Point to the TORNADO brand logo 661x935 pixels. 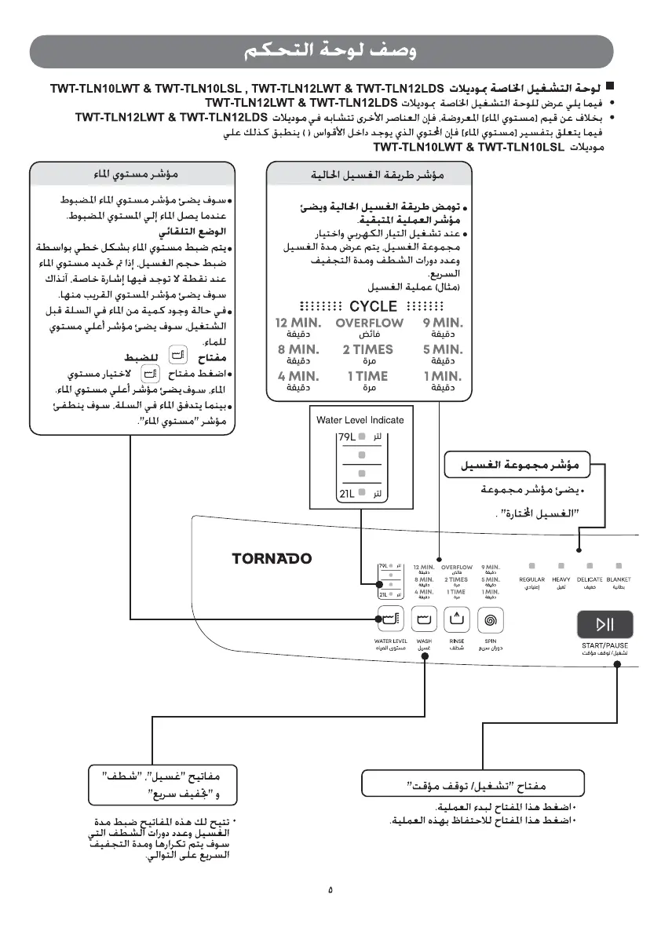tap(272, 559)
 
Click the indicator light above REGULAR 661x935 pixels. tap(531, 565)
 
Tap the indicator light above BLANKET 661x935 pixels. tap(619, 565)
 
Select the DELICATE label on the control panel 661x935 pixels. tap(590, 579)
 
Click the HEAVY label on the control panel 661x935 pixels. tap(561, 579)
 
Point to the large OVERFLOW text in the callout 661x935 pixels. tap(370, 323)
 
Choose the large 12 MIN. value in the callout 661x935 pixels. tap(298, 323)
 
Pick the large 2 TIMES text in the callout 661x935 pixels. tap(368, 349)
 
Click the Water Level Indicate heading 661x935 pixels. tap(360, 420)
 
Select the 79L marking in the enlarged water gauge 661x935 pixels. tap(347, 436)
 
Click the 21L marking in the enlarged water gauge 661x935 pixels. tap(347, 493)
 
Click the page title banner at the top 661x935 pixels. tap(330, 53)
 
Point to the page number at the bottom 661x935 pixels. tap(330, 889)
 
